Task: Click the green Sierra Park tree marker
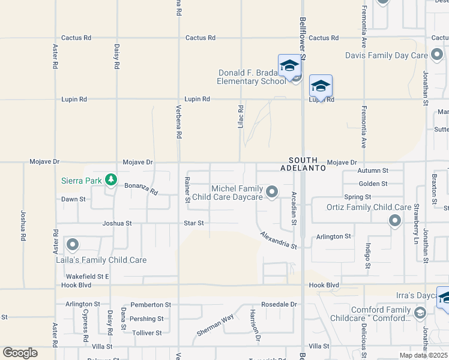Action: point(110,179)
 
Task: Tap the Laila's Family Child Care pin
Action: point(73,245)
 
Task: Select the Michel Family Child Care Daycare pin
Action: point(272,192)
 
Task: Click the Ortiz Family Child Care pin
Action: point(395,221)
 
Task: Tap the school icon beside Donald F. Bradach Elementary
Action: point(289,66)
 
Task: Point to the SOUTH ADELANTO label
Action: point(307,164)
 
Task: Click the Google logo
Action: point(20,353)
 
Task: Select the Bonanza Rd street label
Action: point(141,189)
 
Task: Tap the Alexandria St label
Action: point(279,240)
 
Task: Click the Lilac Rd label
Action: point(241,117)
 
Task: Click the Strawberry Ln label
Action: point(416,217)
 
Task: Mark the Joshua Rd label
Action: point(23,224)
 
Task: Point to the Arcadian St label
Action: point(294,208)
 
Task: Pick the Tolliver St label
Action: point(147,332)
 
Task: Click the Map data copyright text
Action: point(423,355)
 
